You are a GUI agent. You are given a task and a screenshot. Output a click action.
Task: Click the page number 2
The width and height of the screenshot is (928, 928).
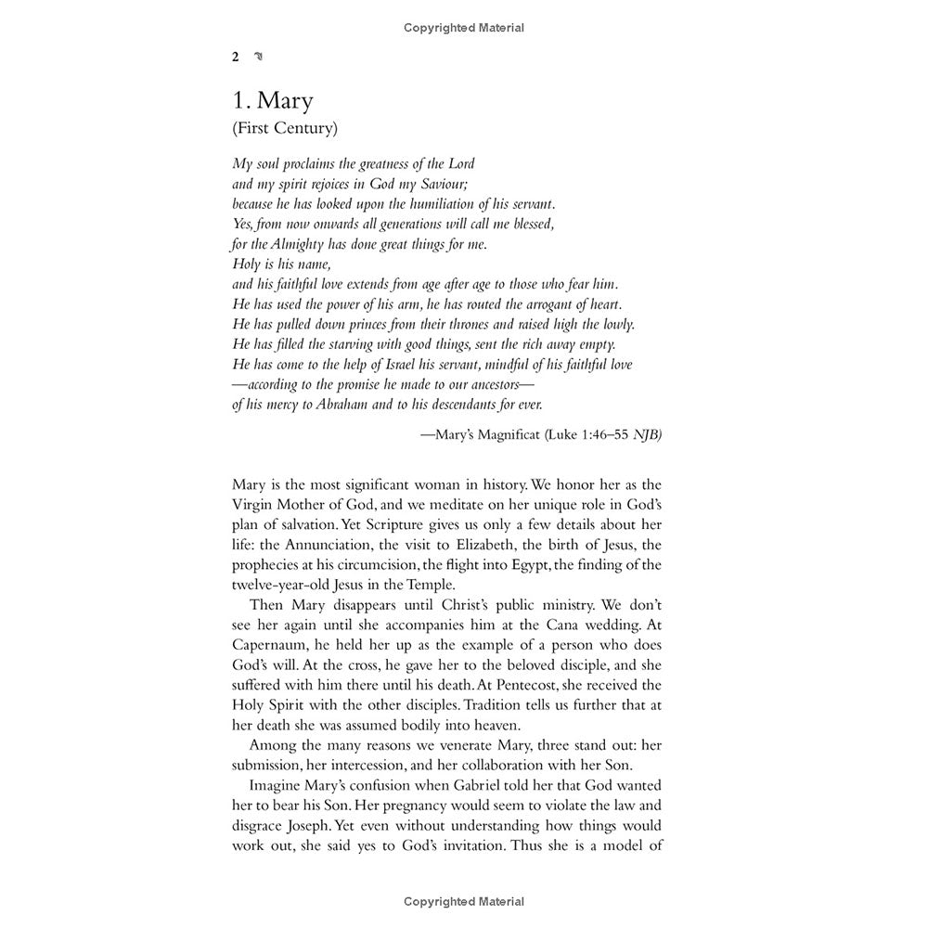tap(236, 57)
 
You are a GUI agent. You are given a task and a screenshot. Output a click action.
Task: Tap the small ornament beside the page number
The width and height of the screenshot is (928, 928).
tap(259, 57)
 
